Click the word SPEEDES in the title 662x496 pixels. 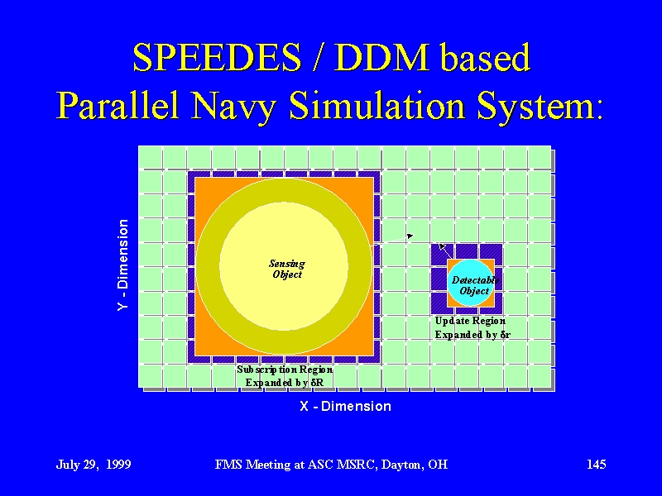[x=217, y=57]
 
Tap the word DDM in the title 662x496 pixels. [x=381, y=57]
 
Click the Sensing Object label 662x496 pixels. [x=287, y=269]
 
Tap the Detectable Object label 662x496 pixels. [x=475, y=285]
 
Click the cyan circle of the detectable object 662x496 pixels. [x=470, y=283]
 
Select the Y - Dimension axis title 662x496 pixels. [x=122, y=265]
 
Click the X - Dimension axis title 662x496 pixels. [x=345, y=406]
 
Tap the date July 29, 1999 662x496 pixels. [x=94, y=465]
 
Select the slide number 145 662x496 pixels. [x=596, y=464]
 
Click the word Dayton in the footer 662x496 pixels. [x=402, y=465]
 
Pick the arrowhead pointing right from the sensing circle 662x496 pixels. [x=410, y=236]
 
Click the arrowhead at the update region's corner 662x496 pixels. [x=442, y=246]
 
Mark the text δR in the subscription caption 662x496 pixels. [x=317, y=383]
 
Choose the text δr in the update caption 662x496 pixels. [x=506, y=335]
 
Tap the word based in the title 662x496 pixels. [x=485, y=57]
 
